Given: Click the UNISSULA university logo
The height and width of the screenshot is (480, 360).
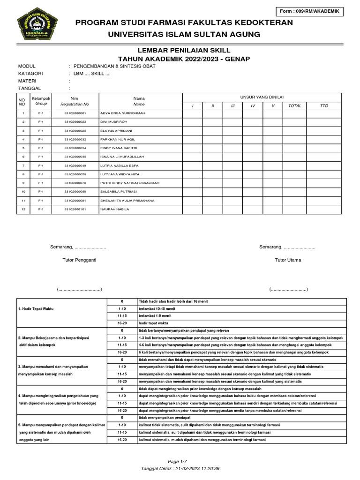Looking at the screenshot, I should (37, 28).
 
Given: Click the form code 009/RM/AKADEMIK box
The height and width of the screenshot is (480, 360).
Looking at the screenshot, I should (310, 12).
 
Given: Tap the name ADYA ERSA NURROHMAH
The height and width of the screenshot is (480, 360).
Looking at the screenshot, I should (123, 113).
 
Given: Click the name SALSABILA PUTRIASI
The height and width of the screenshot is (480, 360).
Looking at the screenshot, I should (120, 192).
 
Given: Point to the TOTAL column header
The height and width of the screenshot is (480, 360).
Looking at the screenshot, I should (294, 106).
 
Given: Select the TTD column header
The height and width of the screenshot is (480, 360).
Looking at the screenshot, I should (324, 106).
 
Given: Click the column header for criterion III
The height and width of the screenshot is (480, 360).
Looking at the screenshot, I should (232, 106).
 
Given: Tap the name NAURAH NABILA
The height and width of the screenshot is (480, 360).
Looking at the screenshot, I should (114, 209).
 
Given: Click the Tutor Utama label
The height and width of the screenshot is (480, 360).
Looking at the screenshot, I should (288, 260).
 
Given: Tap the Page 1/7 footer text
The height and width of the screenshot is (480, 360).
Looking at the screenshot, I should (180, 462).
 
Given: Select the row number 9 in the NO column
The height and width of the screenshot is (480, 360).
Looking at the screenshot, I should (23, 183).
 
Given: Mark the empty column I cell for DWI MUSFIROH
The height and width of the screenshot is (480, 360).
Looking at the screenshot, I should (192, 122).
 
